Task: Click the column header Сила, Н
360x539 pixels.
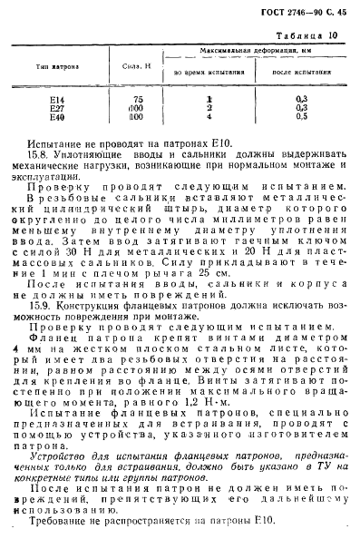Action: [137, 66]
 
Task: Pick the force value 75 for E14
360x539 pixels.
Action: [138, 98]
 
